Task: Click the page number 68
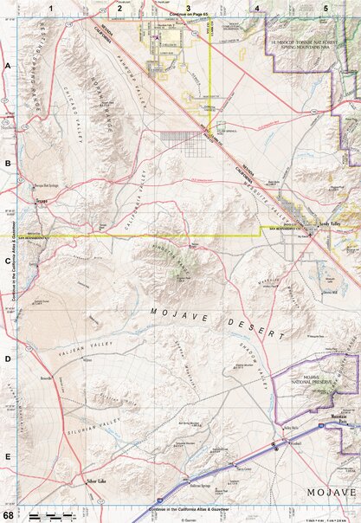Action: [7, 516]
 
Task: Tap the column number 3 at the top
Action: [188, 7]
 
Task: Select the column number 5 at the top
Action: [326, 7]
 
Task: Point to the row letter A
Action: [8, 66]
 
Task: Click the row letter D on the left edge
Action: [8, 358]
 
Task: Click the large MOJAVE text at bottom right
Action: [332, 492]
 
